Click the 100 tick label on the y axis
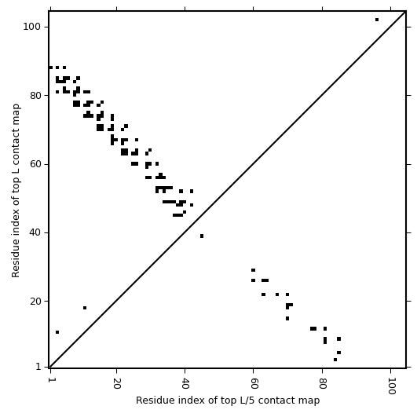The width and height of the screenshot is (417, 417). pyautogui.click(x=31, y=27)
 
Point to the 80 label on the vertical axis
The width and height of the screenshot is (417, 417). pyautogui.click(x=35, y=96)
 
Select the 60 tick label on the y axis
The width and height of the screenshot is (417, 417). pyautogui.click(x=35, y=164)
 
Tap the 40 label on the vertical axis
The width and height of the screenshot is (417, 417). pyautogui.click(x=35, y=232)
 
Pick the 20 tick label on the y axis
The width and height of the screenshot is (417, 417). pyautogui.click(x=35, y=302)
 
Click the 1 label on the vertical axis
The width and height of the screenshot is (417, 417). pyautogui.click(x=38, y=367)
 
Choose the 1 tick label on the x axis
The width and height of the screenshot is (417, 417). pyautogui.click(x=50, y=380)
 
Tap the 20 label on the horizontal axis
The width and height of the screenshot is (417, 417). pyautogui.click(x=117, y=383)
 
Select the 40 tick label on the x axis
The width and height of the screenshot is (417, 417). pyautogui.click(x=185, y=383)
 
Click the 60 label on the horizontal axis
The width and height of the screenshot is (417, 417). pyautogui.click(x=254, y=383)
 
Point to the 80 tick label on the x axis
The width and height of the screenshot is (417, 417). pyautogui.click(x=322, y=383)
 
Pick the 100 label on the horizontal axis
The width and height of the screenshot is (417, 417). pyautogui.click(x=391, y=386)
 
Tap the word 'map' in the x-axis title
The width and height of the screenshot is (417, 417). pyautogui.click(x=310, y=401)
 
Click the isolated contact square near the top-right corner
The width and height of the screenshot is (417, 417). pyautogui.click(x=377, y=20)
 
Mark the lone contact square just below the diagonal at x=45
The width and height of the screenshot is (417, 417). pyautogui.click(x=202, y=236)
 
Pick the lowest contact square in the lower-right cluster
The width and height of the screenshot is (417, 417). pyautogui.click(x=335, y=360)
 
